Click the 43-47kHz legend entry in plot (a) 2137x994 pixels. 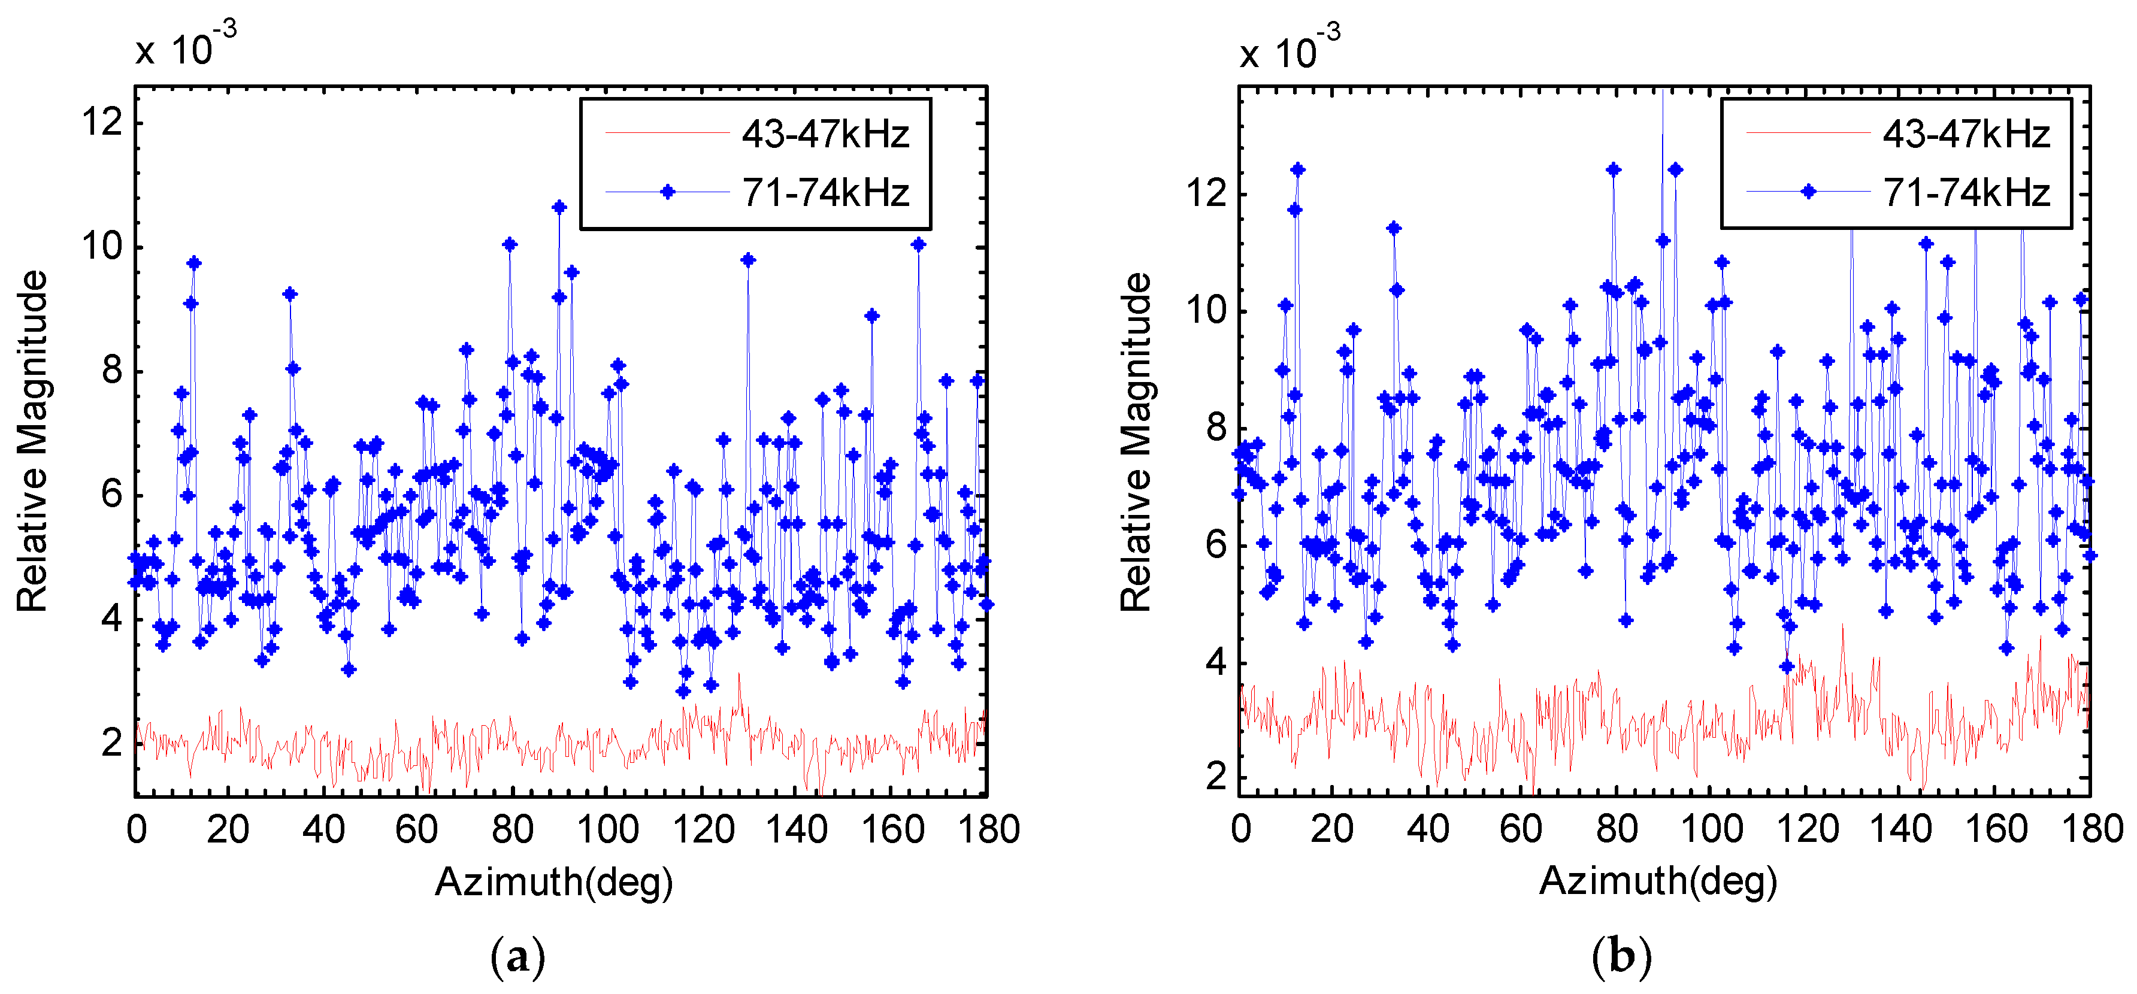(825, 134)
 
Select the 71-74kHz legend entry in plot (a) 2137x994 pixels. (825, 192)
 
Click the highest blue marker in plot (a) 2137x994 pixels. (559, 207)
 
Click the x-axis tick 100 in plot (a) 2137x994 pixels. (607, 830)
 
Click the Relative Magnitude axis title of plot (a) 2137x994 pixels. (33, 441)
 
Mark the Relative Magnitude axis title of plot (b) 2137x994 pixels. (1137, 441)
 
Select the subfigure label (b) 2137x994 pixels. (1622, 957)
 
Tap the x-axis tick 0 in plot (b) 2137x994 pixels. (1240, 830)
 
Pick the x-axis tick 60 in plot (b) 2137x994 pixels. (1521, 830)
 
